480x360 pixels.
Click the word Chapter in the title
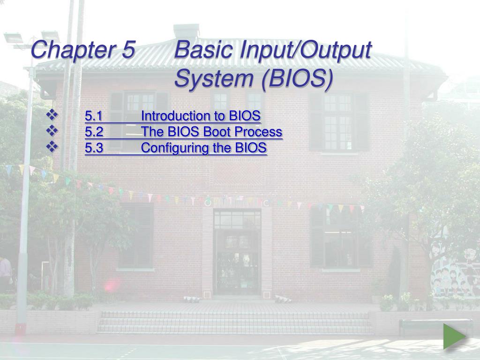[x=73, y=50]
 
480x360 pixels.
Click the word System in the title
[x=214, y=78]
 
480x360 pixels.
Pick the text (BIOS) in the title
[x=297, y=79]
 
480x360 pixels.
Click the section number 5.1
[x=93, y=116]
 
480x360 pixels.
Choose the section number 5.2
[x=94, y=132]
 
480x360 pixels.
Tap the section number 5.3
[x=94, y=148]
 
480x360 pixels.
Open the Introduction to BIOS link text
[x=201, y=116]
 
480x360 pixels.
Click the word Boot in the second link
[x=217, y=132]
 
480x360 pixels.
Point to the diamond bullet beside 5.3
[x=52, y=147]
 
